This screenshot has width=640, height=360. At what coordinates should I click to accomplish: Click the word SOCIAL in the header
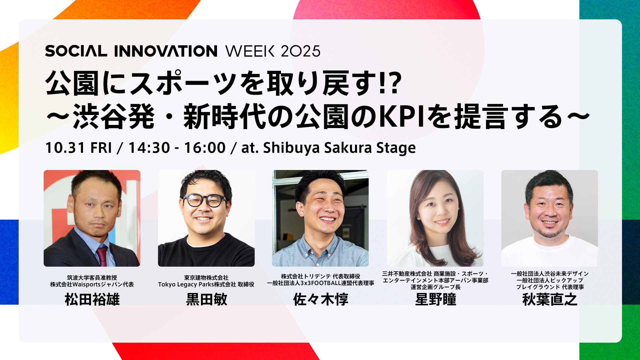(x=76, y=51)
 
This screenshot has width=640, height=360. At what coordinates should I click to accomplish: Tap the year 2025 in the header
(x=300, y=51)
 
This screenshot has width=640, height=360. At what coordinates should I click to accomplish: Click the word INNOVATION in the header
(x=166, y=51)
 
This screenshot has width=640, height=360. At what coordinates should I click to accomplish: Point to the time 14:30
(x=149, y=148)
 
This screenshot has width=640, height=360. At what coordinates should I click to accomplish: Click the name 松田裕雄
(x=92, y=299)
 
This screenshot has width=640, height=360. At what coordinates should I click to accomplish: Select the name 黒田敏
(x=207, y=299)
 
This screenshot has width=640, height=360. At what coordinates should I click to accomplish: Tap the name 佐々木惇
(x=321, y=299)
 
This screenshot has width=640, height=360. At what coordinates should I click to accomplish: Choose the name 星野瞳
(x=435, y=299)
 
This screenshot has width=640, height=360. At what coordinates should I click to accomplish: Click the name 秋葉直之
(x=550, y=299)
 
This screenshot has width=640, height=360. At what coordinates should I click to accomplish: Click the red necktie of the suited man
(x=102, y=255)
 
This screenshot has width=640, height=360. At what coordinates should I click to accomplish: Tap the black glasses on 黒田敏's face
(x=204, y=200)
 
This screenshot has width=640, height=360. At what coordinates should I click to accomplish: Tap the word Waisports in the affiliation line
(x=86, y=284)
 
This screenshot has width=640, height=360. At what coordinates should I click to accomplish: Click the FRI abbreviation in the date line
(x=101, y=148)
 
